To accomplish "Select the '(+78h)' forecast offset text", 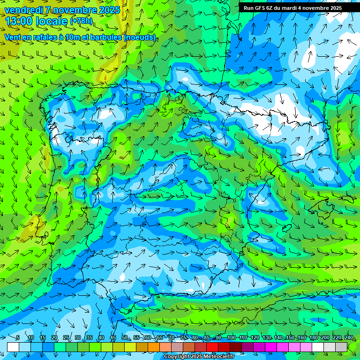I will click(82, 21).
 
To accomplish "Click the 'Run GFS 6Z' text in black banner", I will click(260, 8).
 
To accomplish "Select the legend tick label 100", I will click(231, 337).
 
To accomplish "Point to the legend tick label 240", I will click(348, 337).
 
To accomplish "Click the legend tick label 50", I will click(125, 337).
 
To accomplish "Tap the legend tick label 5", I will click(18, 337).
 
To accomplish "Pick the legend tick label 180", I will click(312, 337).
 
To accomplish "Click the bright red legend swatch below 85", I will click(212, 347).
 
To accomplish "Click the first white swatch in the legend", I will click(13, 347).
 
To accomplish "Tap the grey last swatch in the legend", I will click(341, 347).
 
